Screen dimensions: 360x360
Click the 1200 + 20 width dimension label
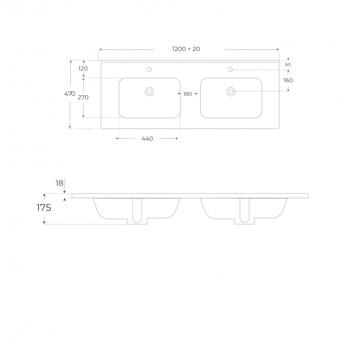click(x=186, y=49)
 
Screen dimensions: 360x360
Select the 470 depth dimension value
click(x=70, y=94)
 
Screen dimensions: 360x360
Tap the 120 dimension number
click(x=83, y=69)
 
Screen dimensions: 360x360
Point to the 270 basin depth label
click(x=83, y=97)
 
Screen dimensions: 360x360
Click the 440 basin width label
click(x=147, y=139)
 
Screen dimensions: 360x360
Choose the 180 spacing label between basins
click(x=188, y=94)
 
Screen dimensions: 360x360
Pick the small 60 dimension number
click(x=288, y=65)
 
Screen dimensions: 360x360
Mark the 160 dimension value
click(x=288, y=80)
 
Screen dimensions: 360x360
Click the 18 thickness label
click(x=59, y=183)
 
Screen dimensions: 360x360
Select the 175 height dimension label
click(x=44, y=208)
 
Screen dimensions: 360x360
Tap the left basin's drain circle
click(x=149, y=92)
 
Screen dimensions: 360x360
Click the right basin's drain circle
click(x=231, y=92)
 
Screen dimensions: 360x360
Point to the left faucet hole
click(x=149, y=69)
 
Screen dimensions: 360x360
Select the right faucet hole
click(x=230, y=69)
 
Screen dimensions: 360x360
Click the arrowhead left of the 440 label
click(x=117, y=138)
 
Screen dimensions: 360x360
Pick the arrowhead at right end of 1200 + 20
click(x=278, y=49)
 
